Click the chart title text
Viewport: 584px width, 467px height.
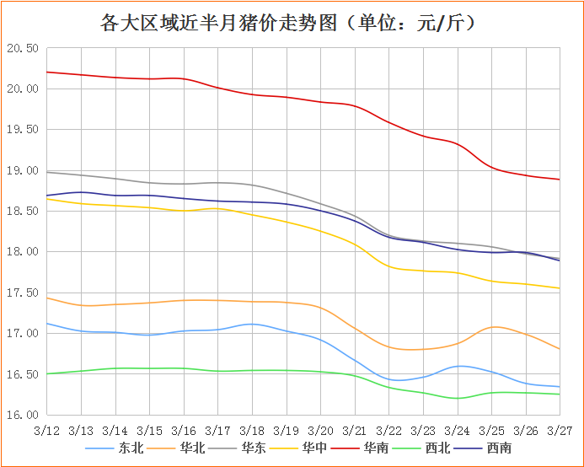pyautogui.click(x=291, y=23)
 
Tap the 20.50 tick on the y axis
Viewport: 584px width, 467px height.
pyautogui.click(x=23, y=48)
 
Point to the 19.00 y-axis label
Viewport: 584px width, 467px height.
pyautogui.click(x=23, y=170)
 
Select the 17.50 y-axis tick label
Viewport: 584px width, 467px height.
pyautogui.click(x=23, y=293)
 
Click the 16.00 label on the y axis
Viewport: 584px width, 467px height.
pyautogui.click(x=23, y=415)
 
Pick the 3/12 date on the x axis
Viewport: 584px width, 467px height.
pyautogui.click(x=46, y=430)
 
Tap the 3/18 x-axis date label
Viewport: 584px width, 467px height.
pyautogui.click(x=251, y=430)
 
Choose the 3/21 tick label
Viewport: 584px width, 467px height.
pyautogui.click(x=354, y=430)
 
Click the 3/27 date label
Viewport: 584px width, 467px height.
pyautogui.click(x=560, y=430)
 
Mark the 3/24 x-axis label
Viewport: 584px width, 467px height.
pyautogui.click(x=457, y=430)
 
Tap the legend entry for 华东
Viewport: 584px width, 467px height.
pyautogui.click(x=255, y=448)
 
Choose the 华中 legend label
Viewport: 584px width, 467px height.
pyautogui.click(x=318, y=448)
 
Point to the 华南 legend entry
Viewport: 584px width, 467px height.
pyautogui.click(x=380, y=448)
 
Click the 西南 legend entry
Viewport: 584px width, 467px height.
pyautogui.click(x=498, y=448)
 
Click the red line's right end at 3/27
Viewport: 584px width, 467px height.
pyautogui.click(x=560, y=179)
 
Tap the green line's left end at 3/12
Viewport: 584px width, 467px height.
pyautogui.click(x=46, y=373)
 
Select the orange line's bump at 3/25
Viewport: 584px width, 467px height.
pyautogui.click(x=494, y=326)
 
